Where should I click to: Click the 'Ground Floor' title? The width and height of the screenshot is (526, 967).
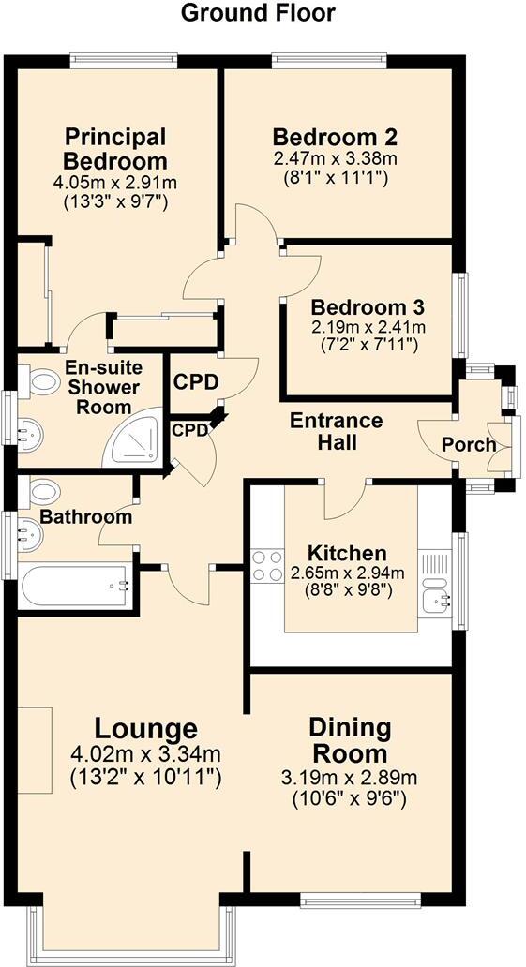coord(257,13)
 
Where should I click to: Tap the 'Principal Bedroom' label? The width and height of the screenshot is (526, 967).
coord(115,149)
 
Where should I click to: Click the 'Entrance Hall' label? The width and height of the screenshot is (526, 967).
coord(336,430)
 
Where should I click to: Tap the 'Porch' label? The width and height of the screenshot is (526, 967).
coord(469,444)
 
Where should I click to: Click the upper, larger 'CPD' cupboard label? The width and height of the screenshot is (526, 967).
coord(196,382)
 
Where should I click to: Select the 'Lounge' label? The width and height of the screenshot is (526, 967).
coord(145,728)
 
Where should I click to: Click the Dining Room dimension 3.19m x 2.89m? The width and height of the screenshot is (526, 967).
coord(349,778)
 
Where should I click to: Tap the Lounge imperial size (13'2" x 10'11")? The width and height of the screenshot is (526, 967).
coord(145,776)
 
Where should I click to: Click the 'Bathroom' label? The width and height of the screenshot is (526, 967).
coord(85,516)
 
